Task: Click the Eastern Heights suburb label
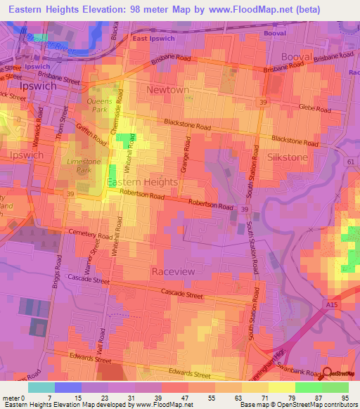[142, 182]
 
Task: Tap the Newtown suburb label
[167, 90]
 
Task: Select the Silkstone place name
[288, 157]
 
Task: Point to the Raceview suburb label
[173, 271]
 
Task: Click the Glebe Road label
[314, 108]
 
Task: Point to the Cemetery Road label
[90, 234]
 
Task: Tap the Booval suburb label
[296, 56]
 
